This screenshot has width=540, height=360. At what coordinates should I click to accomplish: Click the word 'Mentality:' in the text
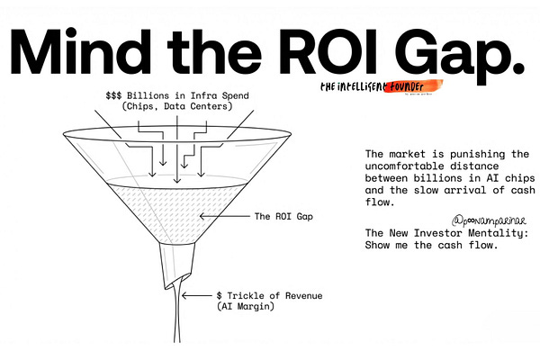point(493,233)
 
